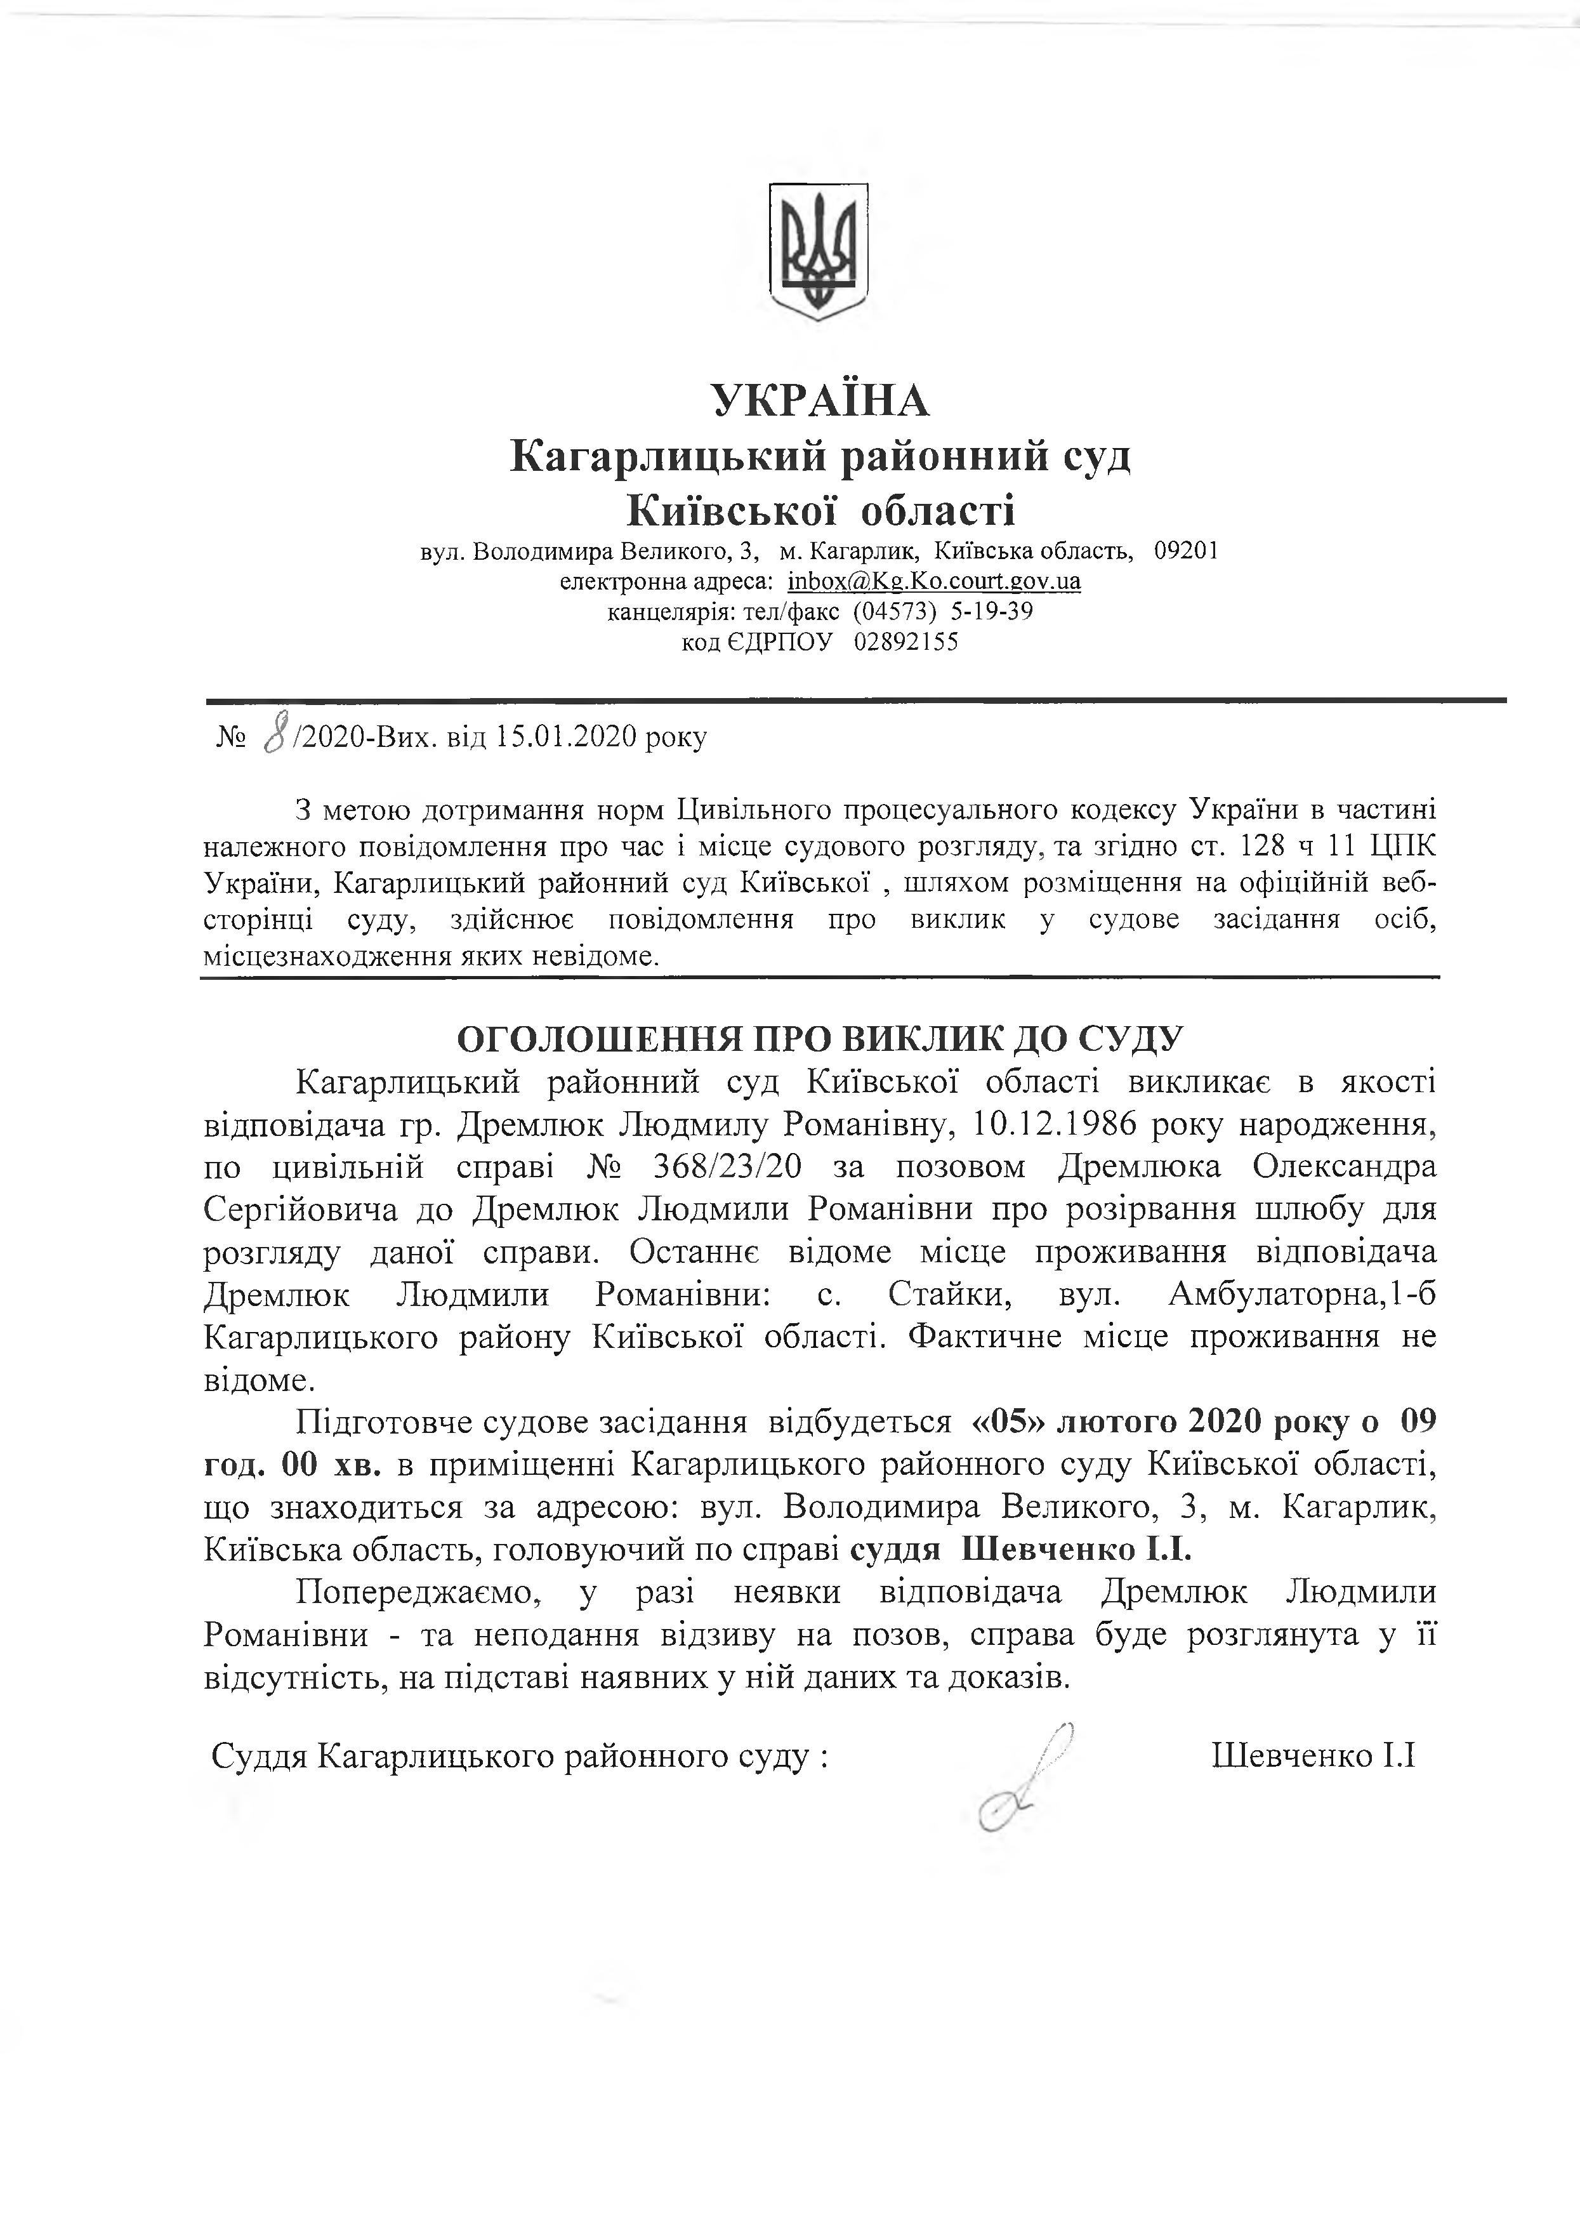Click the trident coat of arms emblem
818,251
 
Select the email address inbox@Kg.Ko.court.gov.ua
934,582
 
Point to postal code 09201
1185,551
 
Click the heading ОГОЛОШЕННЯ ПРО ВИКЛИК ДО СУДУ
820,1039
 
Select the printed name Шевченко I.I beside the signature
1312,1755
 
